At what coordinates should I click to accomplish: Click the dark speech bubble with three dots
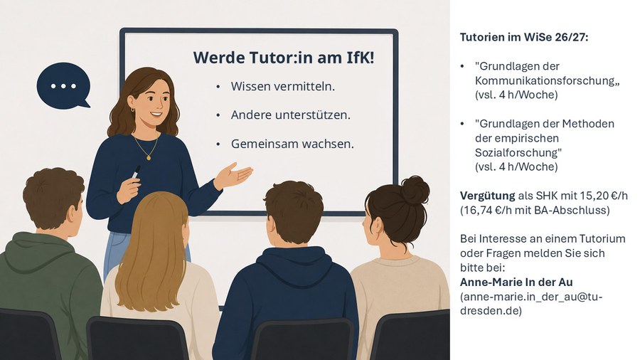point(63,85)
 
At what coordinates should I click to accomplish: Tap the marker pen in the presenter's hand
point(136,172)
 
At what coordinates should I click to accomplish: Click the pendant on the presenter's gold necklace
point(149,157)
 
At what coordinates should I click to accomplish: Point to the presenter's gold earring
point(133,110)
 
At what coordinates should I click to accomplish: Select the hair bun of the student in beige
point(415,191)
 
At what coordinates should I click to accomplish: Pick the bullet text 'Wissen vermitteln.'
point(283,87)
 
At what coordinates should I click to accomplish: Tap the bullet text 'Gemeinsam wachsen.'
point(292,144)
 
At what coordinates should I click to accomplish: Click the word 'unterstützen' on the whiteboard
point(313,115)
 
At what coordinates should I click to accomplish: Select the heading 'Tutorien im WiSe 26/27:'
point(524,38)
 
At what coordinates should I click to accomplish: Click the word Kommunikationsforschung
point(545,80)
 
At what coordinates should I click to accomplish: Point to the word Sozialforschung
point(516,153)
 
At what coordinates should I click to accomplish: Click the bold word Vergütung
point(487,196)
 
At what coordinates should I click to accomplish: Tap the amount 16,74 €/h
point(484,210)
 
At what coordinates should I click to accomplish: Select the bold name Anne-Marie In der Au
point(516,282)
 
